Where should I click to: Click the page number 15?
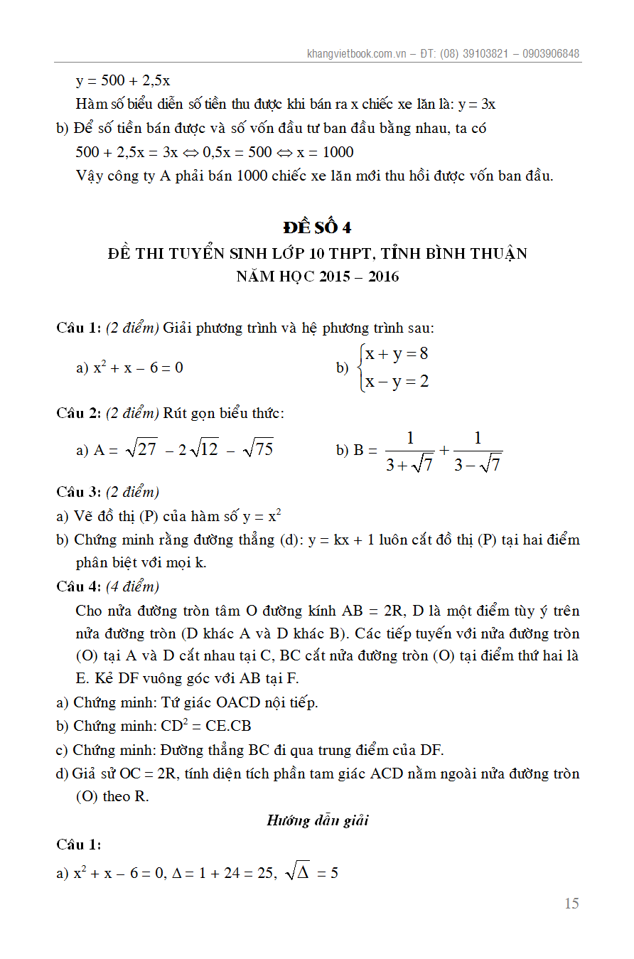[571, 904]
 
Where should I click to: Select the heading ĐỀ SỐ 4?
[317, 227]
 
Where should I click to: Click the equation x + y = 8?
[396, 354]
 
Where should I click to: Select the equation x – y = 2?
[397, 382]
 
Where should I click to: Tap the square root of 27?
[141, 449]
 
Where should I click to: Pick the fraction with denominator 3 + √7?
[409, 451]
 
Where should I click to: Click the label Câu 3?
[79, 492]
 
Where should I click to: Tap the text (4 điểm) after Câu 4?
[133, 586]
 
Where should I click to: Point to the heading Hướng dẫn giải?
[317, 820]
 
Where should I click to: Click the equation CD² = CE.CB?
[205, 726]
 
